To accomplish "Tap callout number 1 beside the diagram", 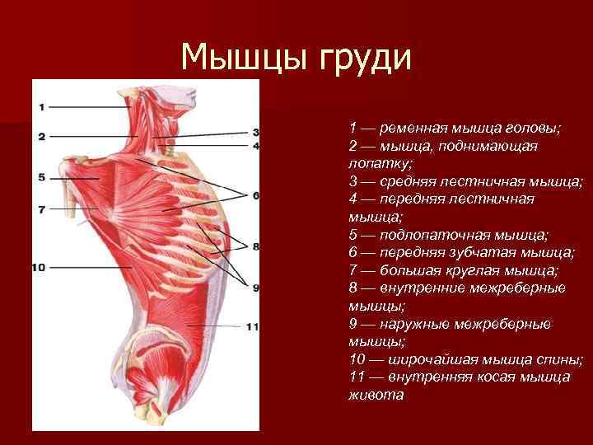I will point(41,106).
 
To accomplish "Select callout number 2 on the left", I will point(41,135).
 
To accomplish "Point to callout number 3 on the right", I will point(256,132).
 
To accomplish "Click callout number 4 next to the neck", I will point(256,146).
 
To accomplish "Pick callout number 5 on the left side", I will point(41,177).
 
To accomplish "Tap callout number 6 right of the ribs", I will point(256,195).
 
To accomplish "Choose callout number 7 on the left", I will point(41,209).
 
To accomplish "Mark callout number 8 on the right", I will point(256,246).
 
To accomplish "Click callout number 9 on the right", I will point(256,288).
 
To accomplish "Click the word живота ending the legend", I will point(376,395).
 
